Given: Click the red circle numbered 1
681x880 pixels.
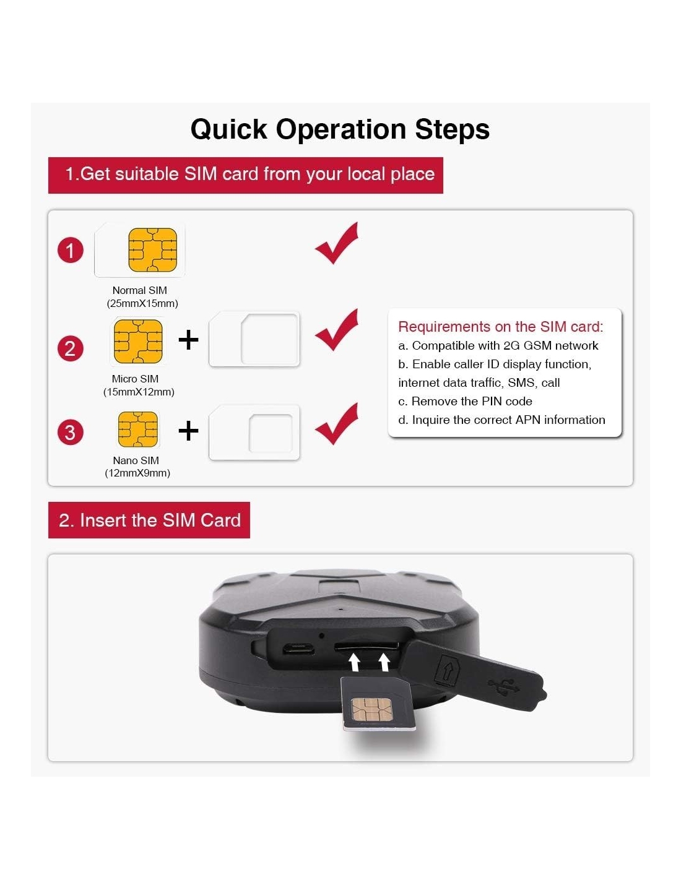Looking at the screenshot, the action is tap(71, 250).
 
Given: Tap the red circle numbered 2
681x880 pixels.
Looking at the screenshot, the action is tap(71, 348).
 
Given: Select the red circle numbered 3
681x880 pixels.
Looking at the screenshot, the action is tap(71, 432).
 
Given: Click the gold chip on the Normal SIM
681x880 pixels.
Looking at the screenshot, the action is tap(153, 249).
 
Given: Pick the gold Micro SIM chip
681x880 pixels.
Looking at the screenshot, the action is tap(138, 341).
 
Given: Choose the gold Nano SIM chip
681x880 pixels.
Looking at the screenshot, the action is tap(137, 429).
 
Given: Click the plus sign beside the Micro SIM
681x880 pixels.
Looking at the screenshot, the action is tap(188, 339).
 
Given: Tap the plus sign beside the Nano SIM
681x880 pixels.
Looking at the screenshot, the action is tap(188, 430).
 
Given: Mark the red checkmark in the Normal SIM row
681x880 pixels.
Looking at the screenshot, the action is tap(336, 243).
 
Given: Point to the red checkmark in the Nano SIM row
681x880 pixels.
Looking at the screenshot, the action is tap(336, 424).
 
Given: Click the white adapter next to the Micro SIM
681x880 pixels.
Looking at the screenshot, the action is tap(254, 339).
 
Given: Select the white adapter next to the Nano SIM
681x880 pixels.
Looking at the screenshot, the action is tap(254, 432).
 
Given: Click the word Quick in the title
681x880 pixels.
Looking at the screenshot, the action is tap(229, 129).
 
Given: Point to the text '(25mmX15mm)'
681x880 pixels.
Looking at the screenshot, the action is tap(142, 303).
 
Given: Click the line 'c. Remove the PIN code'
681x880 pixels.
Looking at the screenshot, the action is tap(465, 401).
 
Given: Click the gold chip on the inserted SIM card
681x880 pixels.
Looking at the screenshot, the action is tap(371, 709).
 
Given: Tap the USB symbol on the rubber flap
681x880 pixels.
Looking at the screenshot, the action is tap(503, 685).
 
